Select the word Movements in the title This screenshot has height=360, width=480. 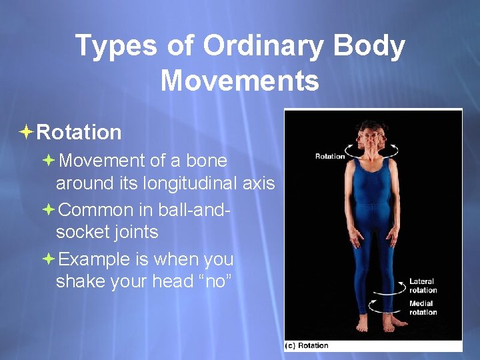tap(239, 81)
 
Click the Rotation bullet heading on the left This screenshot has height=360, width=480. tap(79, 132)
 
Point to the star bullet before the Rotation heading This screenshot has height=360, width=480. tap(26, 132)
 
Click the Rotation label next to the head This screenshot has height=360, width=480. tap(329, 156)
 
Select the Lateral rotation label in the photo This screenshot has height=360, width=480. tap(423, 285)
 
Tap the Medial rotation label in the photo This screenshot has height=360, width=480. tap(423, 308)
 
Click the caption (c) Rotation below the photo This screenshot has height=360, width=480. tap(307, 345)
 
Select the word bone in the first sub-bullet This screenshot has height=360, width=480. tap(207, 161)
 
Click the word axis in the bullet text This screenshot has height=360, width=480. tap(259, 183)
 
